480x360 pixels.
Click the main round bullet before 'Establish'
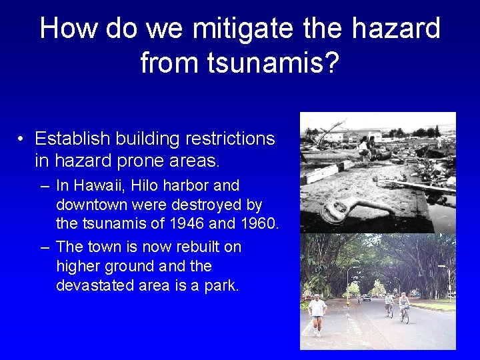(22, 139)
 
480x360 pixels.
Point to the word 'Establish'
(73, 139)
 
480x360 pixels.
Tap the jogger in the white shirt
(317, 312)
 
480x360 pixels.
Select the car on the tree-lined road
(366, 298)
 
